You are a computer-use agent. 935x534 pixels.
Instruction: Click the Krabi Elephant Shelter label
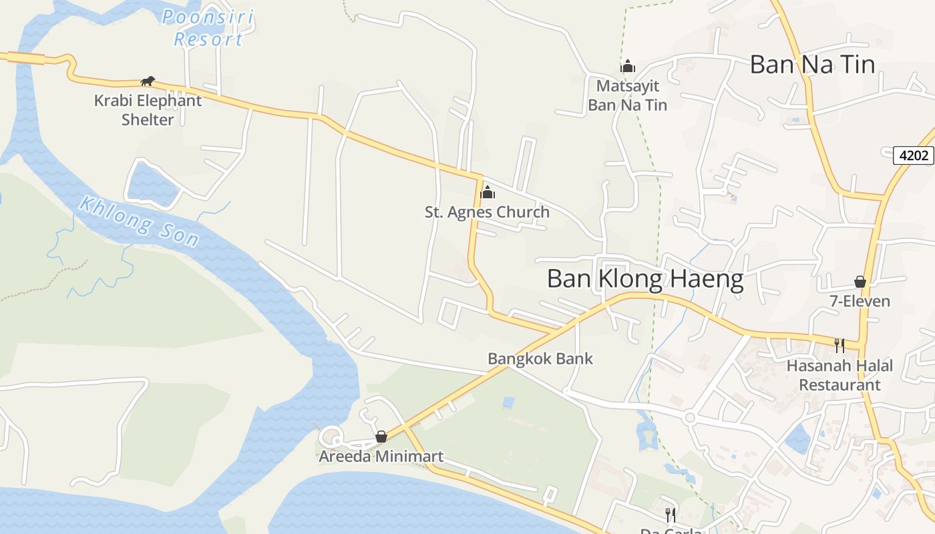(x=148, y=110)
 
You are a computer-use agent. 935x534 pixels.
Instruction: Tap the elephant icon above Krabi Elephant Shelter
(x=148, y=81)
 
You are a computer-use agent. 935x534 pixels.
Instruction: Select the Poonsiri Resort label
(x=208, y=28)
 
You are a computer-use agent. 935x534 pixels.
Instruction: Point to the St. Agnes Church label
(x=487, y=212)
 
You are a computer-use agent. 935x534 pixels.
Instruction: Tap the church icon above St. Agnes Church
(x=488, y=193)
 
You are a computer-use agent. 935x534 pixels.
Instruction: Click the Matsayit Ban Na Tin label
(x=627, y=95)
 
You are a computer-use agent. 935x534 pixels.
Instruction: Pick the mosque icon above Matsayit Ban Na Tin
(x=627, y=66)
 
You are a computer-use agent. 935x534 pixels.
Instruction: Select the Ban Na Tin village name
(x=812, y=65)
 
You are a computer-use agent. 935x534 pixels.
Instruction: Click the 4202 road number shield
(x=914, y=156)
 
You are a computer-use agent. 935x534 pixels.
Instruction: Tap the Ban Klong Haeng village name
(x=644, y=279)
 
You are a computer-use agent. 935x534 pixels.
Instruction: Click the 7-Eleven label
(x=860, y=301)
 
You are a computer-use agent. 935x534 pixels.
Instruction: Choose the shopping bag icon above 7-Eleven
(x=860, y=282)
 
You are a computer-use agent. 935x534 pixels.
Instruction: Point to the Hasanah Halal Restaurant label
(x=839, y=375)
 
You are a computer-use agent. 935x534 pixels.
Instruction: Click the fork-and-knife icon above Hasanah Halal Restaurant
(x=839, y=345)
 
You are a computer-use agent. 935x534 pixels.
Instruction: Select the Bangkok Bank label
(x=540, y=358)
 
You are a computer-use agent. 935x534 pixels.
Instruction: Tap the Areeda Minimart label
(x=381, y=457)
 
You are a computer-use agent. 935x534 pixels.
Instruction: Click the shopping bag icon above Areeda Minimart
(x=381, y=437)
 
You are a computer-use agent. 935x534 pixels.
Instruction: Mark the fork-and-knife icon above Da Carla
(x=671, y=515)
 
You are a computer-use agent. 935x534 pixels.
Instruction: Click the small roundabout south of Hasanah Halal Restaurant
(x=690, y=418)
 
